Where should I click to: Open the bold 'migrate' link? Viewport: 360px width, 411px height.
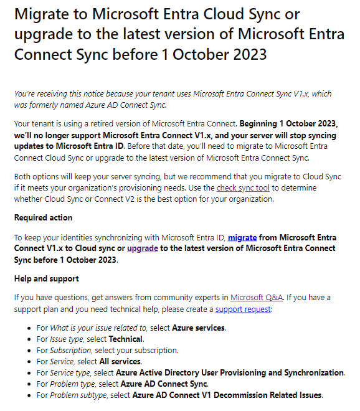pyautogui.click(x=242, y=237)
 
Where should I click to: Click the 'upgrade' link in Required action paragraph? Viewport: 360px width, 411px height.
pyautogui.click(x=142, y=248)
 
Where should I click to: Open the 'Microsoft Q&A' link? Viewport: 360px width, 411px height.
pyautogui.click(x=255, y=298)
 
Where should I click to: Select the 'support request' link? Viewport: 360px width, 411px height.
pyautogui.click(x=243, y=309)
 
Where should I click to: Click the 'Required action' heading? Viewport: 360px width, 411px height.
pyautogui.click(x=43, y=217)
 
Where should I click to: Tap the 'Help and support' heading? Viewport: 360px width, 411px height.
pyautogui.click(x=46, y=278)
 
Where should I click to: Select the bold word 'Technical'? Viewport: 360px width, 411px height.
pyautogui.click(x=126, y=339)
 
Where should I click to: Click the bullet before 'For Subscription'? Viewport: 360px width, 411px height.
pyautogui.click(x=31, y=351)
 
